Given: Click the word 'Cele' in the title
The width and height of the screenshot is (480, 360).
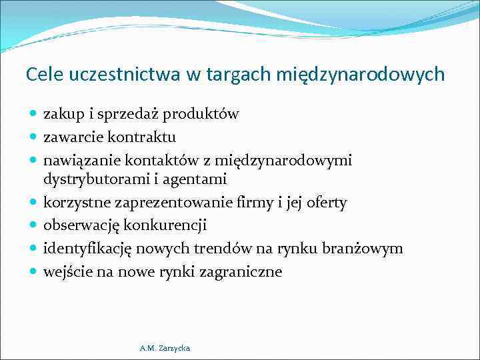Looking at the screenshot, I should (x=43, y=74).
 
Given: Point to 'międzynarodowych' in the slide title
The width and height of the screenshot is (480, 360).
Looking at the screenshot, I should (x=359, y=74).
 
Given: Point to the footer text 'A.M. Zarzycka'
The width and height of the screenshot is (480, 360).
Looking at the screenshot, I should (x=165, y=348).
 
